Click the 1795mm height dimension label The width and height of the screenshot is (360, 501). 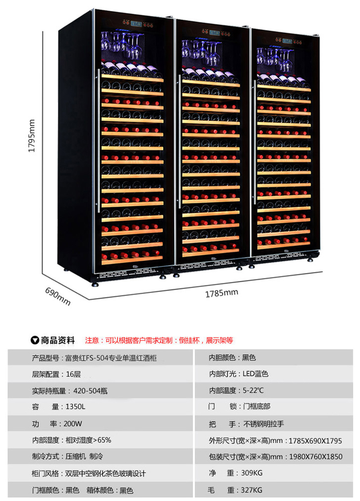tap(31, 136)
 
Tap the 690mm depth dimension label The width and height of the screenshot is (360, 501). tap(58, 296)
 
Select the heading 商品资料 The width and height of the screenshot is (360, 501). tap(57, 340)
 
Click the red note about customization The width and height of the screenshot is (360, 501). tap(159, 340)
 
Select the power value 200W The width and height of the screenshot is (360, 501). tap(72, 424)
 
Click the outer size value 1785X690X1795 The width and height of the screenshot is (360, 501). tap(315, 440)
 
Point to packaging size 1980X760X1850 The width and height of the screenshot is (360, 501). tap(315, 456)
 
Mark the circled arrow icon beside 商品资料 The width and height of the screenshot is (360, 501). tap(35, 340)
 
